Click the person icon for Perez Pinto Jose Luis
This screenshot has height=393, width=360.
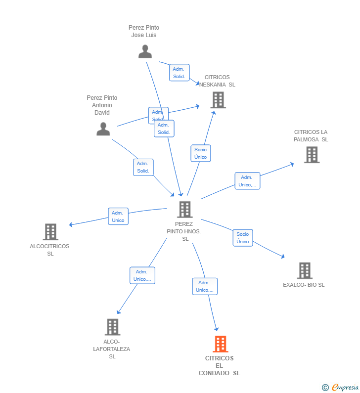(145, 51)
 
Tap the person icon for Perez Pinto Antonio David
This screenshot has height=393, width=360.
(103, 129)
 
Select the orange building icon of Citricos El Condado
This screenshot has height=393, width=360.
(220, 344)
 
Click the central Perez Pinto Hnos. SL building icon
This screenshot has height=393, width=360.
(184, 209)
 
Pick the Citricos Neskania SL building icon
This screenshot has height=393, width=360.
(218, 100)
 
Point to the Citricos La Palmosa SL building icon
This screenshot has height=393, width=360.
(312, 155)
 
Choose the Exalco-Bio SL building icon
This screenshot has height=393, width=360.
(304, 270)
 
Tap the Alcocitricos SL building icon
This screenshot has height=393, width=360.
(50, 231)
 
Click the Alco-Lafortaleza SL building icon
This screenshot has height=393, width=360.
(112, 327)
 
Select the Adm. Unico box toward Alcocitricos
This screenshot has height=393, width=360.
(118, 217)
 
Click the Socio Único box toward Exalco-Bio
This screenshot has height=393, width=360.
(243, 238)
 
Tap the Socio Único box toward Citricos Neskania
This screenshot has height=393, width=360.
(200, 153)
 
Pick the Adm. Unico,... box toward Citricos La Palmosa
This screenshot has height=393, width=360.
(247, 181)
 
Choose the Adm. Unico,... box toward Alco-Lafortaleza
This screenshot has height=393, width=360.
(142, 275)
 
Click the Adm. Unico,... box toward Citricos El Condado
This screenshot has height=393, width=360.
(205, 286)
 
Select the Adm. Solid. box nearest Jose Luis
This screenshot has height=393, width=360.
(179, 73)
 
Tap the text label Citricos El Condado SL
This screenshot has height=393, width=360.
(219, 366)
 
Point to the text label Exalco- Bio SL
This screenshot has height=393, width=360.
(304, 285)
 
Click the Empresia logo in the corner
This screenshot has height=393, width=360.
(341, 387)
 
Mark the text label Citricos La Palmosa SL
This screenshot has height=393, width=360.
(311, 135)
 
